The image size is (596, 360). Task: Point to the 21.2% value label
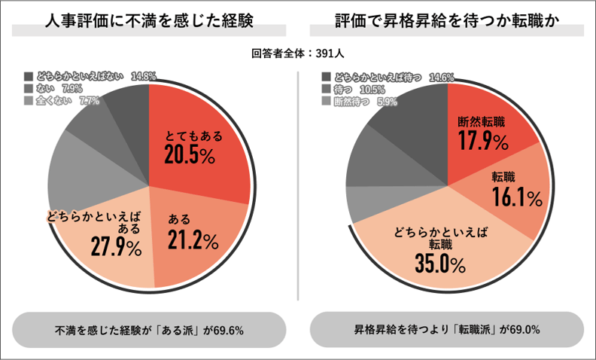[193, 241]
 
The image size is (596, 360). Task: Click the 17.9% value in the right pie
[482, 139]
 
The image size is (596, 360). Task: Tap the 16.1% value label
[517, 197]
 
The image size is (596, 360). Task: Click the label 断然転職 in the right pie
[482, 121]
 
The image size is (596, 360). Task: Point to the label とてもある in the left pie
[193, 136]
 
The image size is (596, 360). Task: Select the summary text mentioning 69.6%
[149, 330]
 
